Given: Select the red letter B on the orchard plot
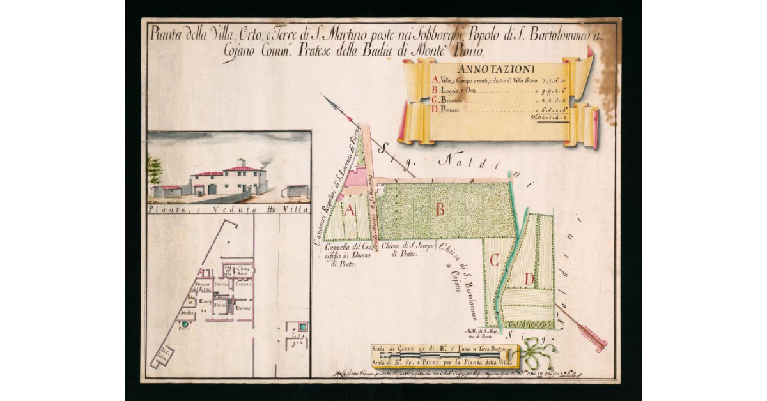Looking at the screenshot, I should pos(440,209).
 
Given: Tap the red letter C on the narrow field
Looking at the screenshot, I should pos(493,259).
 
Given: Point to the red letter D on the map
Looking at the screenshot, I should pos(529,278).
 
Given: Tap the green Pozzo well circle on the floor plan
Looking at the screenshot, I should pos(185,324).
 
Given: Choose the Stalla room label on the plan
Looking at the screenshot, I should pos(187,313).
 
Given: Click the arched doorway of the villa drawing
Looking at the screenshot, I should pos(212,189).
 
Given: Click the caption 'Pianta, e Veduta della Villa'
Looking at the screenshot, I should pos(228,209).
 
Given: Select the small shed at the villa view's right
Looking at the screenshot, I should pos(297,190).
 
